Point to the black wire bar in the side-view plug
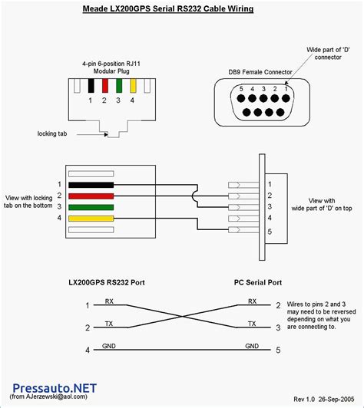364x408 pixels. pyautogui.click(x=91, y=185)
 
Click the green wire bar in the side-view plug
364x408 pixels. pyautogui.click(x=91, y=206)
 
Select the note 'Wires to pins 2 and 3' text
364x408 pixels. pyautogui.click(x=316, y=304)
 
